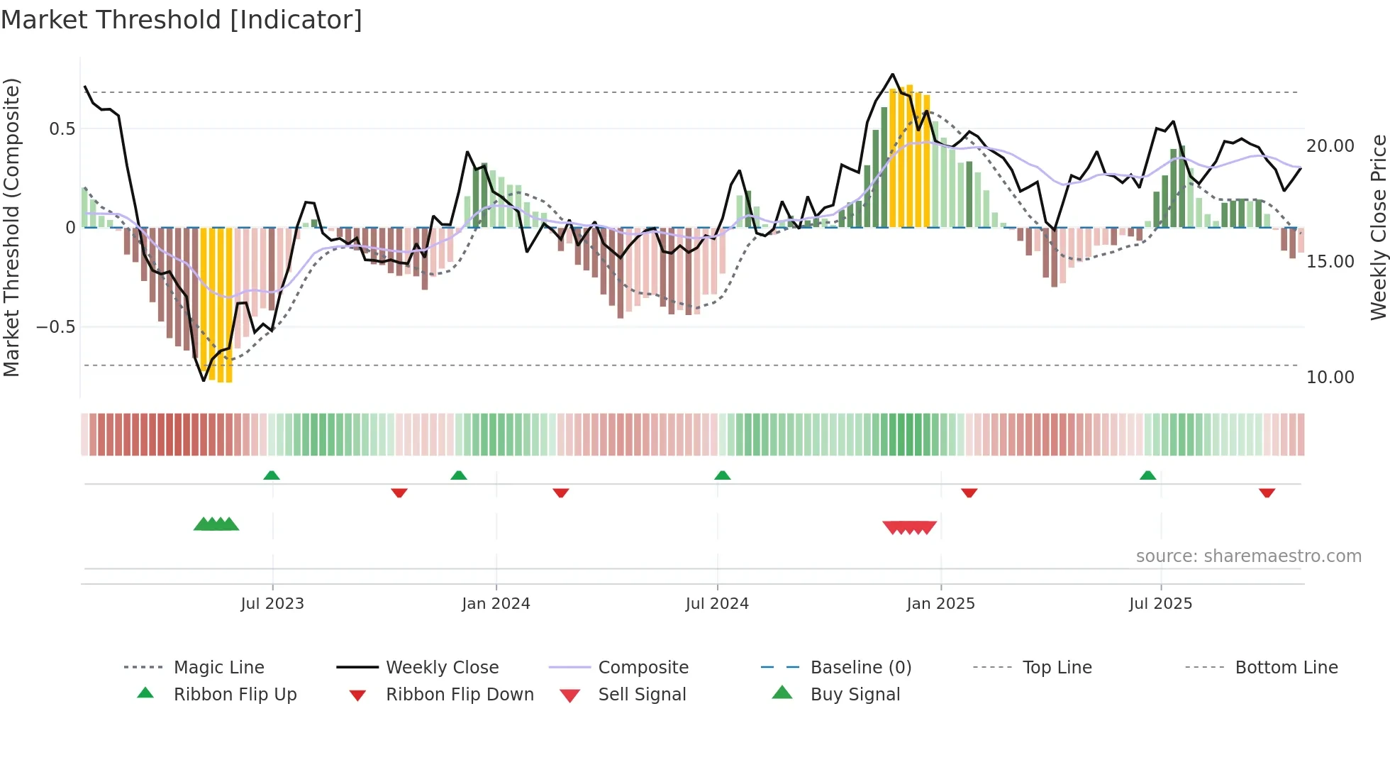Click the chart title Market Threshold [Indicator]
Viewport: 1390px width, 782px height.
pos(182,20)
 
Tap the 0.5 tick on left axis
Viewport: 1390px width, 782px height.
pos(62,129)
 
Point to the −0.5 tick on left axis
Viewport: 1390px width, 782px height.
pos(56,327)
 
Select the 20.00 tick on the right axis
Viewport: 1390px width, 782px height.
pos(1330,146)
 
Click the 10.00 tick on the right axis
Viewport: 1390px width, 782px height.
pos(1330,378)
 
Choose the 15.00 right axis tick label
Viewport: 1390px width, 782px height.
pos(1330,262)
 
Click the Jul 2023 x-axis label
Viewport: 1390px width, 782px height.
pos(272,604)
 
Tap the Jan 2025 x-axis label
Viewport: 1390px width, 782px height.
pos(940,604)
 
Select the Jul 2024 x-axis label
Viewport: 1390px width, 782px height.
pos(717,604)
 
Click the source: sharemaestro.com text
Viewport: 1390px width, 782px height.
pos(1248,556)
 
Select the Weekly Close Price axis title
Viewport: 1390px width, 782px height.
pos(1378,227)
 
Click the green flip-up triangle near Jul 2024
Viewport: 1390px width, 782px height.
pos(722,475)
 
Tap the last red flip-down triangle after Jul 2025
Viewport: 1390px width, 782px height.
pos(1267,492)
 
